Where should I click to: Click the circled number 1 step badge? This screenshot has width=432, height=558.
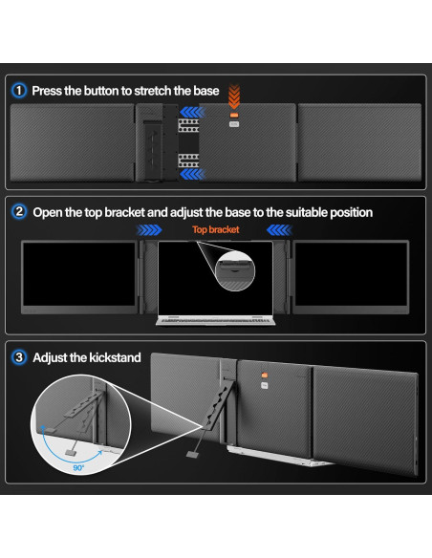[x=19, y=91]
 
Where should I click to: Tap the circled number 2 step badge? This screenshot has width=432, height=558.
[x=19, y=212]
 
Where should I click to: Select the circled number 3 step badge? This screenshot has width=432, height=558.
[x=19, y=357]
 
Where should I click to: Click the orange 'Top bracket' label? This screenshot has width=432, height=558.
[x=215, y=230]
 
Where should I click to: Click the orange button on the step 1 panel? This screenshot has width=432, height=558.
[x=232, y=123]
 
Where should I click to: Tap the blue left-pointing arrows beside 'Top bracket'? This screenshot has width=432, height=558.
[x=278, y=230]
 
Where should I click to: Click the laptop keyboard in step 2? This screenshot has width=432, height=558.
[x=215, y=321]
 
